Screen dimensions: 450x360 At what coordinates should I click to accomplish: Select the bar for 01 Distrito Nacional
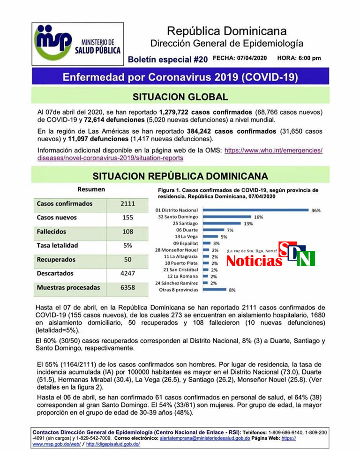point(255,210)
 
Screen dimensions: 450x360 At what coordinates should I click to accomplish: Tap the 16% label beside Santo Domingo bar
point(258,217)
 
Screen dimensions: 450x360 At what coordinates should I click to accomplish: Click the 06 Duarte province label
point(187,230)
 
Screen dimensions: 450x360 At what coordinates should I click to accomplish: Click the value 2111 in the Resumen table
point(127,204)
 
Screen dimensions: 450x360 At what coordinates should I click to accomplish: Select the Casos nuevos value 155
point(127,217)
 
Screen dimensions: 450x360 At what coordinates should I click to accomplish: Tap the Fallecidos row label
point(52,232)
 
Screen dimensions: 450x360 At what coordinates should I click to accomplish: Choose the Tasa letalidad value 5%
point(127,245)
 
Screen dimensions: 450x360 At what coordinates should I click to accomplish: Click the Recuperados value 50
point(127,259)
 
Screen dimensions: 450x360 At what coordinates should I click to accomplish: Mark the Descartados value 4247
point(127,273)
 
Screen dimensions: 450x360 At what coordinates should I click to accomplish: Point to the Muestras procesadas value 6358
point(127,287)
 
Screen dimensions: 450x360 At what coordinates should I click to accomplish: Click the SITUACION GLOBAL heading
point(180,97)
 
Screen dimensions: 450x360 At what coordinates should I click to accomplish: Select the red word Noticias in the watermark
point(254,261)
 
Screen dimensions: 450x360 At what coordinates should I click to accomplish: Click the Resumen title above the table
point(91,189)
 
